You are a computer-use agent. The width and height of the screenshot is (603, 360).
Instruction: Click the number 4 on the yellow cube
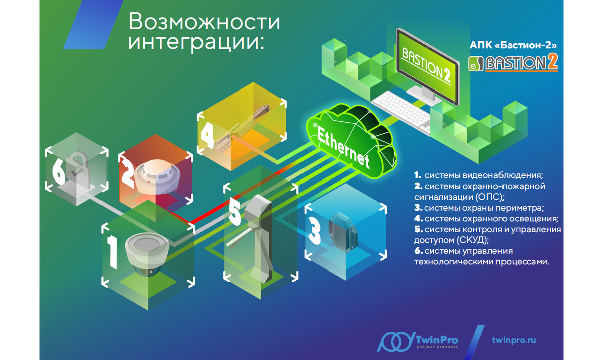click(x=206, y=134)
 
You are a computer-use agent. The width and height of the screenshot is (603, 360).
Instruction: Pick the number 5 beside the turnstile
click(x=235, y=212)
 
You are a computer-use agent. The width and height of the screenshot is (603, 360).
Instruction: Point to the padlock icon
click(x=75, y=166)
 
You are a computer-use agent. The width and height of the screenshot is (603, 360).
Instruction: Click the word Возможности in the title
click(x=204, y=22)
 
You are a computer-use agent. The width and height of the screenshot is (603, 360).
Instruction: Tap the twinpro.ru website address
click(x=514, y=340)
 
